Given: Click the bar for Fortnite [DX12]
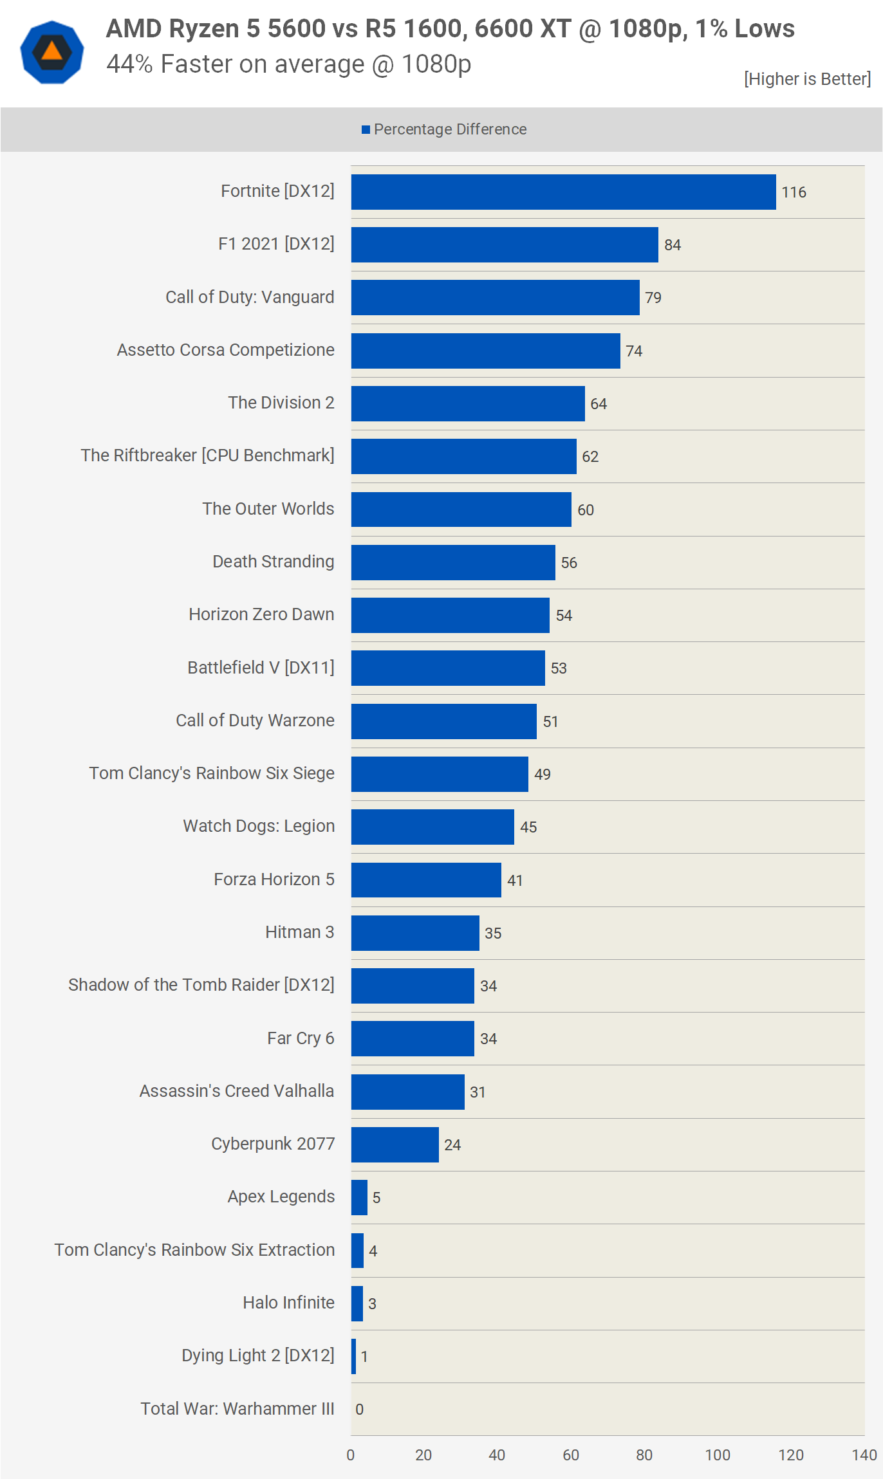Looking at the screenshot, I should point(563,192).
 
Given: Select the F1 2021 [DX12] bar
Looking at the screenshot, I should point(505,244).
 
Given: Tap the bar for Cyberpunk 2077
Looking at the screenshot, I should point(395,1144).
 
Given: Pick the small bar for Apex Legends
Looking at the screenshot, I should point(359,1197).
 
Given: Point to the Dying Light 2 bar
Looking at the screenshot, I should point(353,1356).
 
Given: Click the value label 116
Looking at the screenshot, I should point(794,192).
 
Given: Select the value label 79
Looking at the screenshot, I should point(653,298).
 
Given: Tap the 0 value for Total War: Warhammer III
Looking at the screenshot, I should point(359,1410).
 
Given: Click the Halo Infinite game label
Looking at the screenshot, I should point(288,1303).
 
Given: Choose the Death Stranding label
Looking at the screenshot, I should point(273,562).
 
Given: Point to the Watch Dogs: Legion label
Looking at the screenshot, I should point(259,826).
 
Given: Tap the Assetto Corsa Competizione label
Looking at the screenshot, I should point(225,350).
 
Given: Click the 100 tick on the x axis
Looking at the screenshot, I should point(717,1455).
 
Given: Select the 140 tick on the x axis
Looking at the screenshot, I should point(864,1455).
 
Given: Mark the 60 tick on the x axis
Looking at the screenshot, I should point(570,1455).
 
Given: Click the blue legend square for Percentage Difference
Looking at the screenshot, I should point(366,130).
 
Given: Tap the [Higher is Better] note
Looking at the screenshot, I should point(807,79).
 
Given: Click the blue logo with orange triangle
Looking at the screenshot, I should point(52,52).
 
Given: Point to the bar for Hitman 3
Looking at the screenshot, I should point(415,933).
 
